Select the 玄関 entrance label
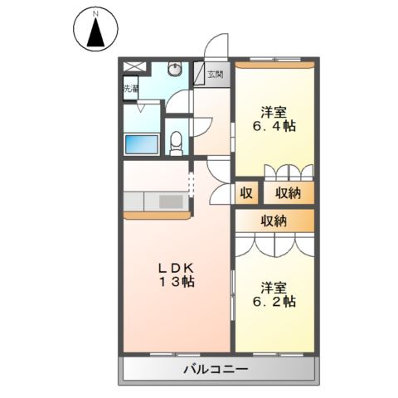click(x=215, y=74)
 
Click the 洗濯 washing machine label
click(x=131, y=87)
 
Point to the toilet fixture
click(x=176, y=143)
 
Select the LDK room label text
click(x=176, y=267)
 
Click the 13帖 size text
click(x=177, y=282)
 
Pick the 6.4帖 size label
click(x=274, y=127)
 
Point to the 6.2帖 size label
click(x=274, y=303)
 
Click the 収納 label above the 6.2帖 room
click(x=274, y=221)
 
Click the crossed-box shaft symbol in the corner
click(x=133, y=66)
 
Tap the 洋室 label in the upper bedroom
click(x=274, y=111)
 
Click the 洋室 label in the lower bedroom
click(x=274, y=287)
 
